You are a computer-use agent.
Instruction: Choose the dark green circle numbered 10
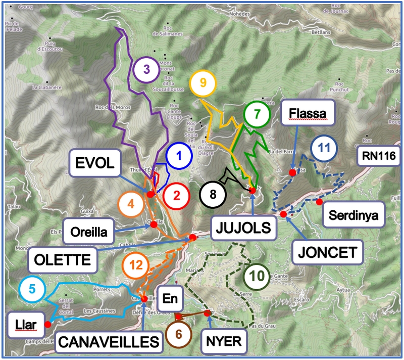click(x=257, y=277)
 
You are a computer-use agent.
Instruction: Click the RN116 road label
click(x=379, y=156)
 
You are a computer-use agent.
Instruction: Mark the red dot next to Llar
click(x=47, y=324)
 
